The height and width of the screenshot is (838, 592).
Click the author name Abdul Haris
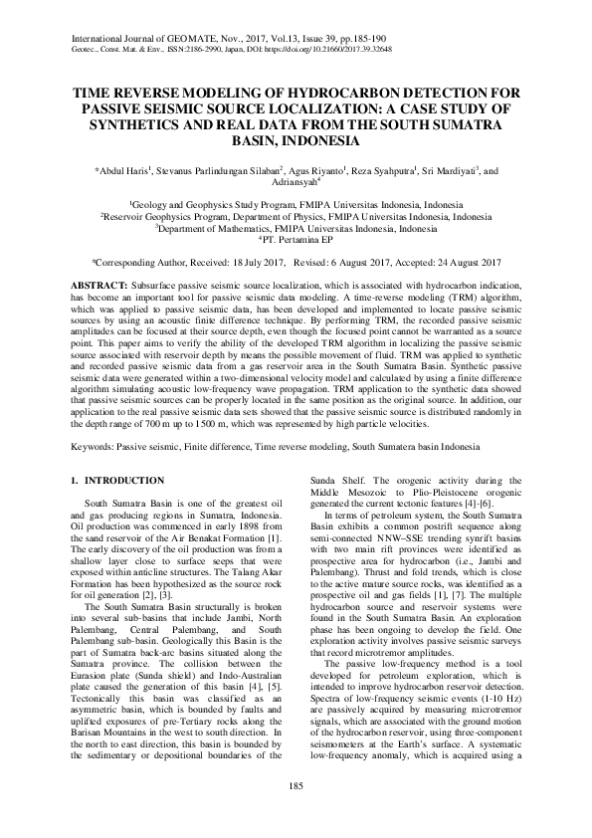(x=125, y=171)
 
